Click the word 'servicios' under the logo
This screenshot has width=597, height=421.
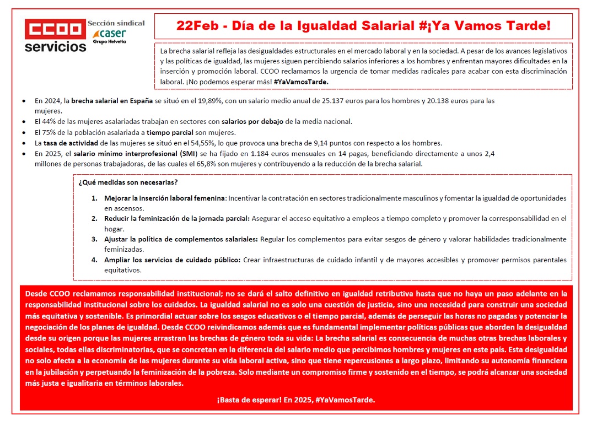click(55, 46)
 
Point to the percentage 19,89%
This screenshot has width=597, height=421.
click(224, 101)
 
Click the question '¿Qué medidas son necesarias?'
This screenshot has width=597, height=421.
click(128, 182)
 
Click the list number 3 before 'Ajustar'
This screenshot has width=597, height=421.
click(94, 239)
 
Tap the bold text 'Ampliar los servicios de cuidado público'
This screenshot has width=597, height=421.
click(173, 260)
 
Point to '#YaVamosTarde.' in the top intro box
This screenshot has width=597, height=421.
click(301, 82)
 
